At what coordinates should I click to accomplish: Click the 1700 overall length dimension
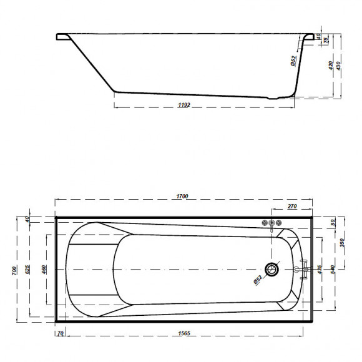click(x=182, y=197)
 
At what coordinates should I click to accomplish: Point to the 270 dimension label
click(x=291, y=206)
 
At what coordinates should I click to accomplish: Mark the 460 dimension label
click(x=44, y=270)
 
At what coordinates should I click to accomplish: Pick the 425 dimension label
click(x=320, y=270)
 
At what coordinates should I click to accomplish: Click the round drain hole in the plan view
click(x=272, y=270)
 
